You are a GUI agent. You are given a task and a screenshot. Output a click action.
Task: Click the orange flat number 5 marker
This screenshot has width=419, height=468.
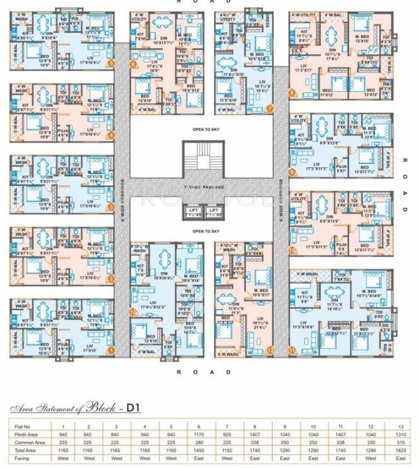[x=110, y=63]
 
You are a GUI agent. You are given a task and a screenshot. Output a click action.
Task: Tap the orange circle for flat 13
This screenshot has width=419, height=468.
[x=132, y=311]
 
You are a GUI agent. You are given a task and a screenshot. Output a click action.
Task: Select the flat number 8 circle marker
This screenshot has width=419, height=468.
[x=292, y=93]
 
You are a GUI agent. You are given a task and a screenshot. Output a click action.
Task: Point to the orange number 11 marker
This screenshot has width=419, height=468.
[x=292, y=350]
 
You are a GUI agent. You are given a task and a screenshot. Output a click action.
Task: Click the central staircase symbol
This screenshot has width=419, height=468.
[x=201, y=158]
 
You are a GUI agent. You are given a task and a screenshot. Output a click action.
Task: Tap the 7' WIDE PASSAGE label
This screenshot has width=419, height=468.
[x=201, y=186]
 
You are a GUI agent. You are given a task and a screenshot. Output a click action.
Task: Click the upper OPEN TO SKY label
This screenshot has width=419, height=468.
[x=201, y=130]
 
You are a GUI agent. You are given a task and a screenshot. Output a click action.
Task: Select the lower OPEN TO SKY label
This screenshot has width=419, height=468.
[x=201, y=232]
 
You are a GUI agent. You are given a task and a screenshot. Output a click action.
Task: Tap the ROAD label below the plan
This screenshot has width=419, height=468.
[x=201, y=371]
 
